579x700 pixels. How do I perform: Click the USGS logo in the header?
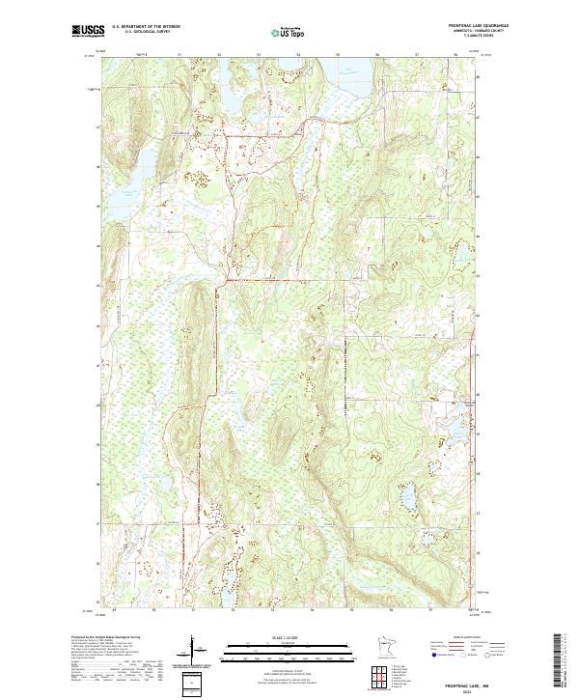(85, 32)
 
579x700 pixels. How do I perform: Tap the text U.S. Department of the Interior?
(147, 28)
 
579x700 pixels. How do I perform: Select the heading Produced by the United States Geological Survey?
(111, 637)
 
